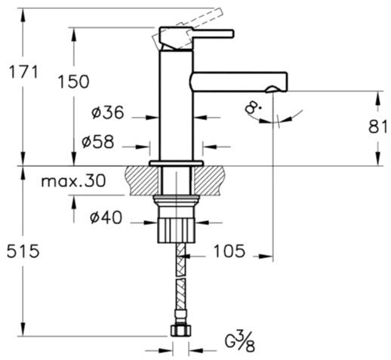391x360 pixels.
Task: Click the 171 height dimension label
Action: (23, 72)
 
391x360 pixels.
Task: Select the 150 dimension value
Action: (73, 82)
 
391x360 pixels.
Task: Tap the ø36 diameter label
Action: (108, 112)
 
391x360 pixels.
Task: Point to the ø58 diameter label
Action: (98, 142)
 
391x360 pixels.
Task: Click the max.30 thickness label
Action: (73, 180)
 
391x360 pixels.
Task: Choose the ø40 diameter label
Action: (106, 217)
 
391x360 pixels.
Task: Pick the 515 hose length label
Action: (23, 251)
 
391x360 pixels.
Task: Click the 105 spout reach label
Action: (229, 251)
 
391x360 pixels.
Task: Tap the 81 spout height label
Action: (377, 127)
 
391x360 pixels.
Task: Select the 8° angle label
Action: (253, 108)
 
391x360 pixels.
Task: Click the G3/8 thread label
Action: (240, 342)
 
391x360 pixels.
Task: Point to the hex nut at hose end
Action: (180, 331)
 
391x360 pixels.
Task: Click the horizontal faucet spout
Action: (239, 82)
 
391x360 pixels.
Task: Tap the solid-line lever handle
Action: (196, 38)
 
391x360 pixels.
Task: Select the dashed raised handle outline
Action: (187, 29)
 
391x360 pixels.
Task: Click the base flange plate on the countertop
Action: (177, 163)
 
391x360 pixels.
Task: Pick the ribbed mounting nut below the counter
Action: (177, 231)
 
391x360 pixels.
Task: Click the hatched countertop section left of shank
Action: (143, 180)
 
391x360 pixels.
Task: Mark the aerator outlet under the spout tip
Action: (272, 89)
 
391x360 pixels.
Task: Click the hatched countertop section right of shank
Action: (209, 180)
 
